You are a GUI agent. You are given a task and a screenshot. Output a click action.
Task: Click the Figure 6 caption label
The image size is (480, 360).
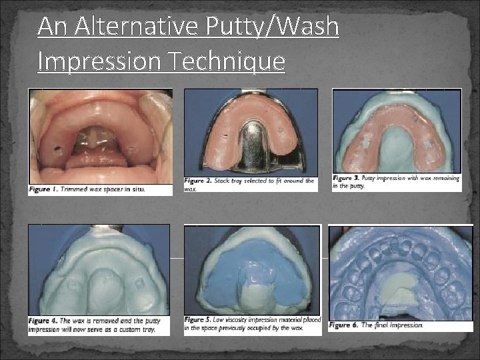[x=343, y=325]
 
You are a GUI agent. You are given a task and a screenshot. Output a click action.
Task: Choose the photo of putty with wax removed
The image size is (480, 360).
[x=98, y=269]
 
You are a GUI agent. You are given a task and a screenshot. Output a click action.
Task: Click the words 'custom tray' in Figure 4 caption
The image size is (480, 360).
[x=138, y=329]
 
